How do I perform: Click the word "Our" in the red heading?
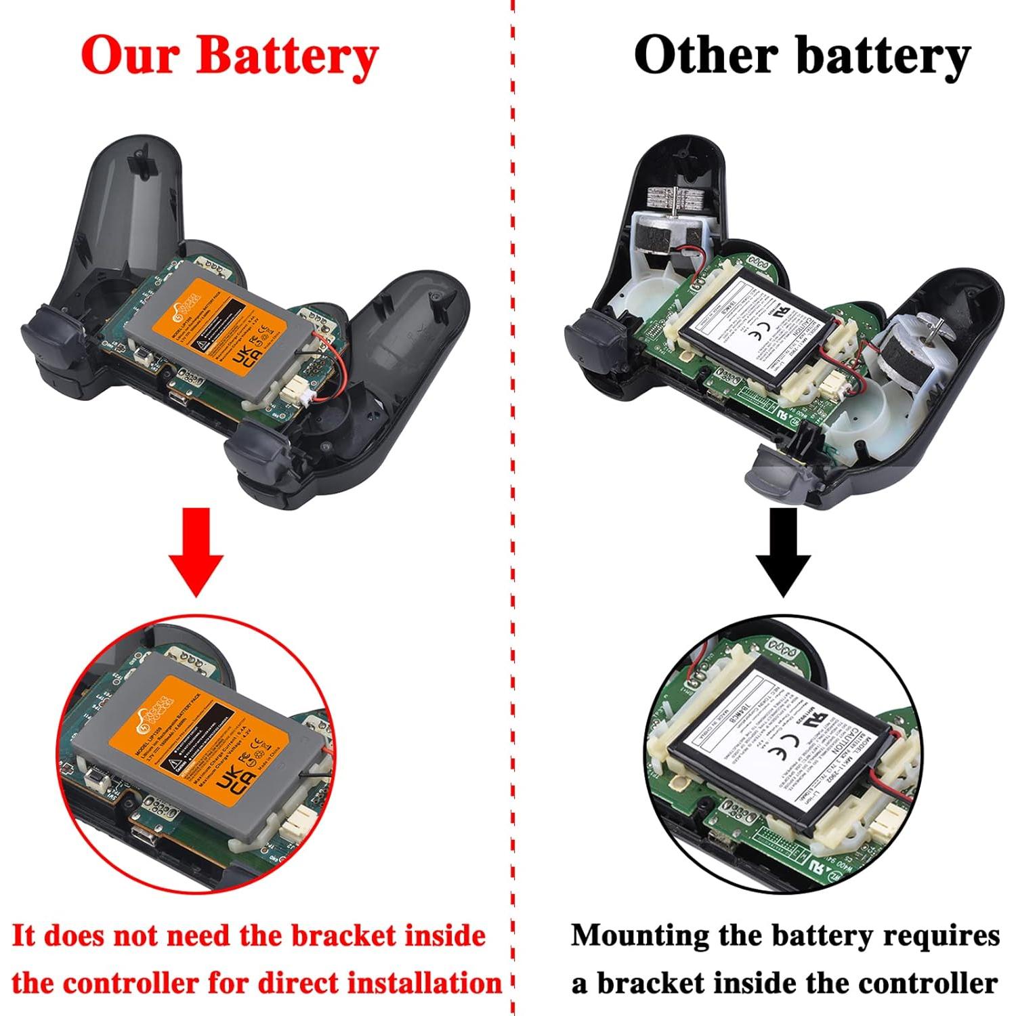point(131,56)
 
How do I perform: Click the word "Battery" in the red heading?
point(287,56)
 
